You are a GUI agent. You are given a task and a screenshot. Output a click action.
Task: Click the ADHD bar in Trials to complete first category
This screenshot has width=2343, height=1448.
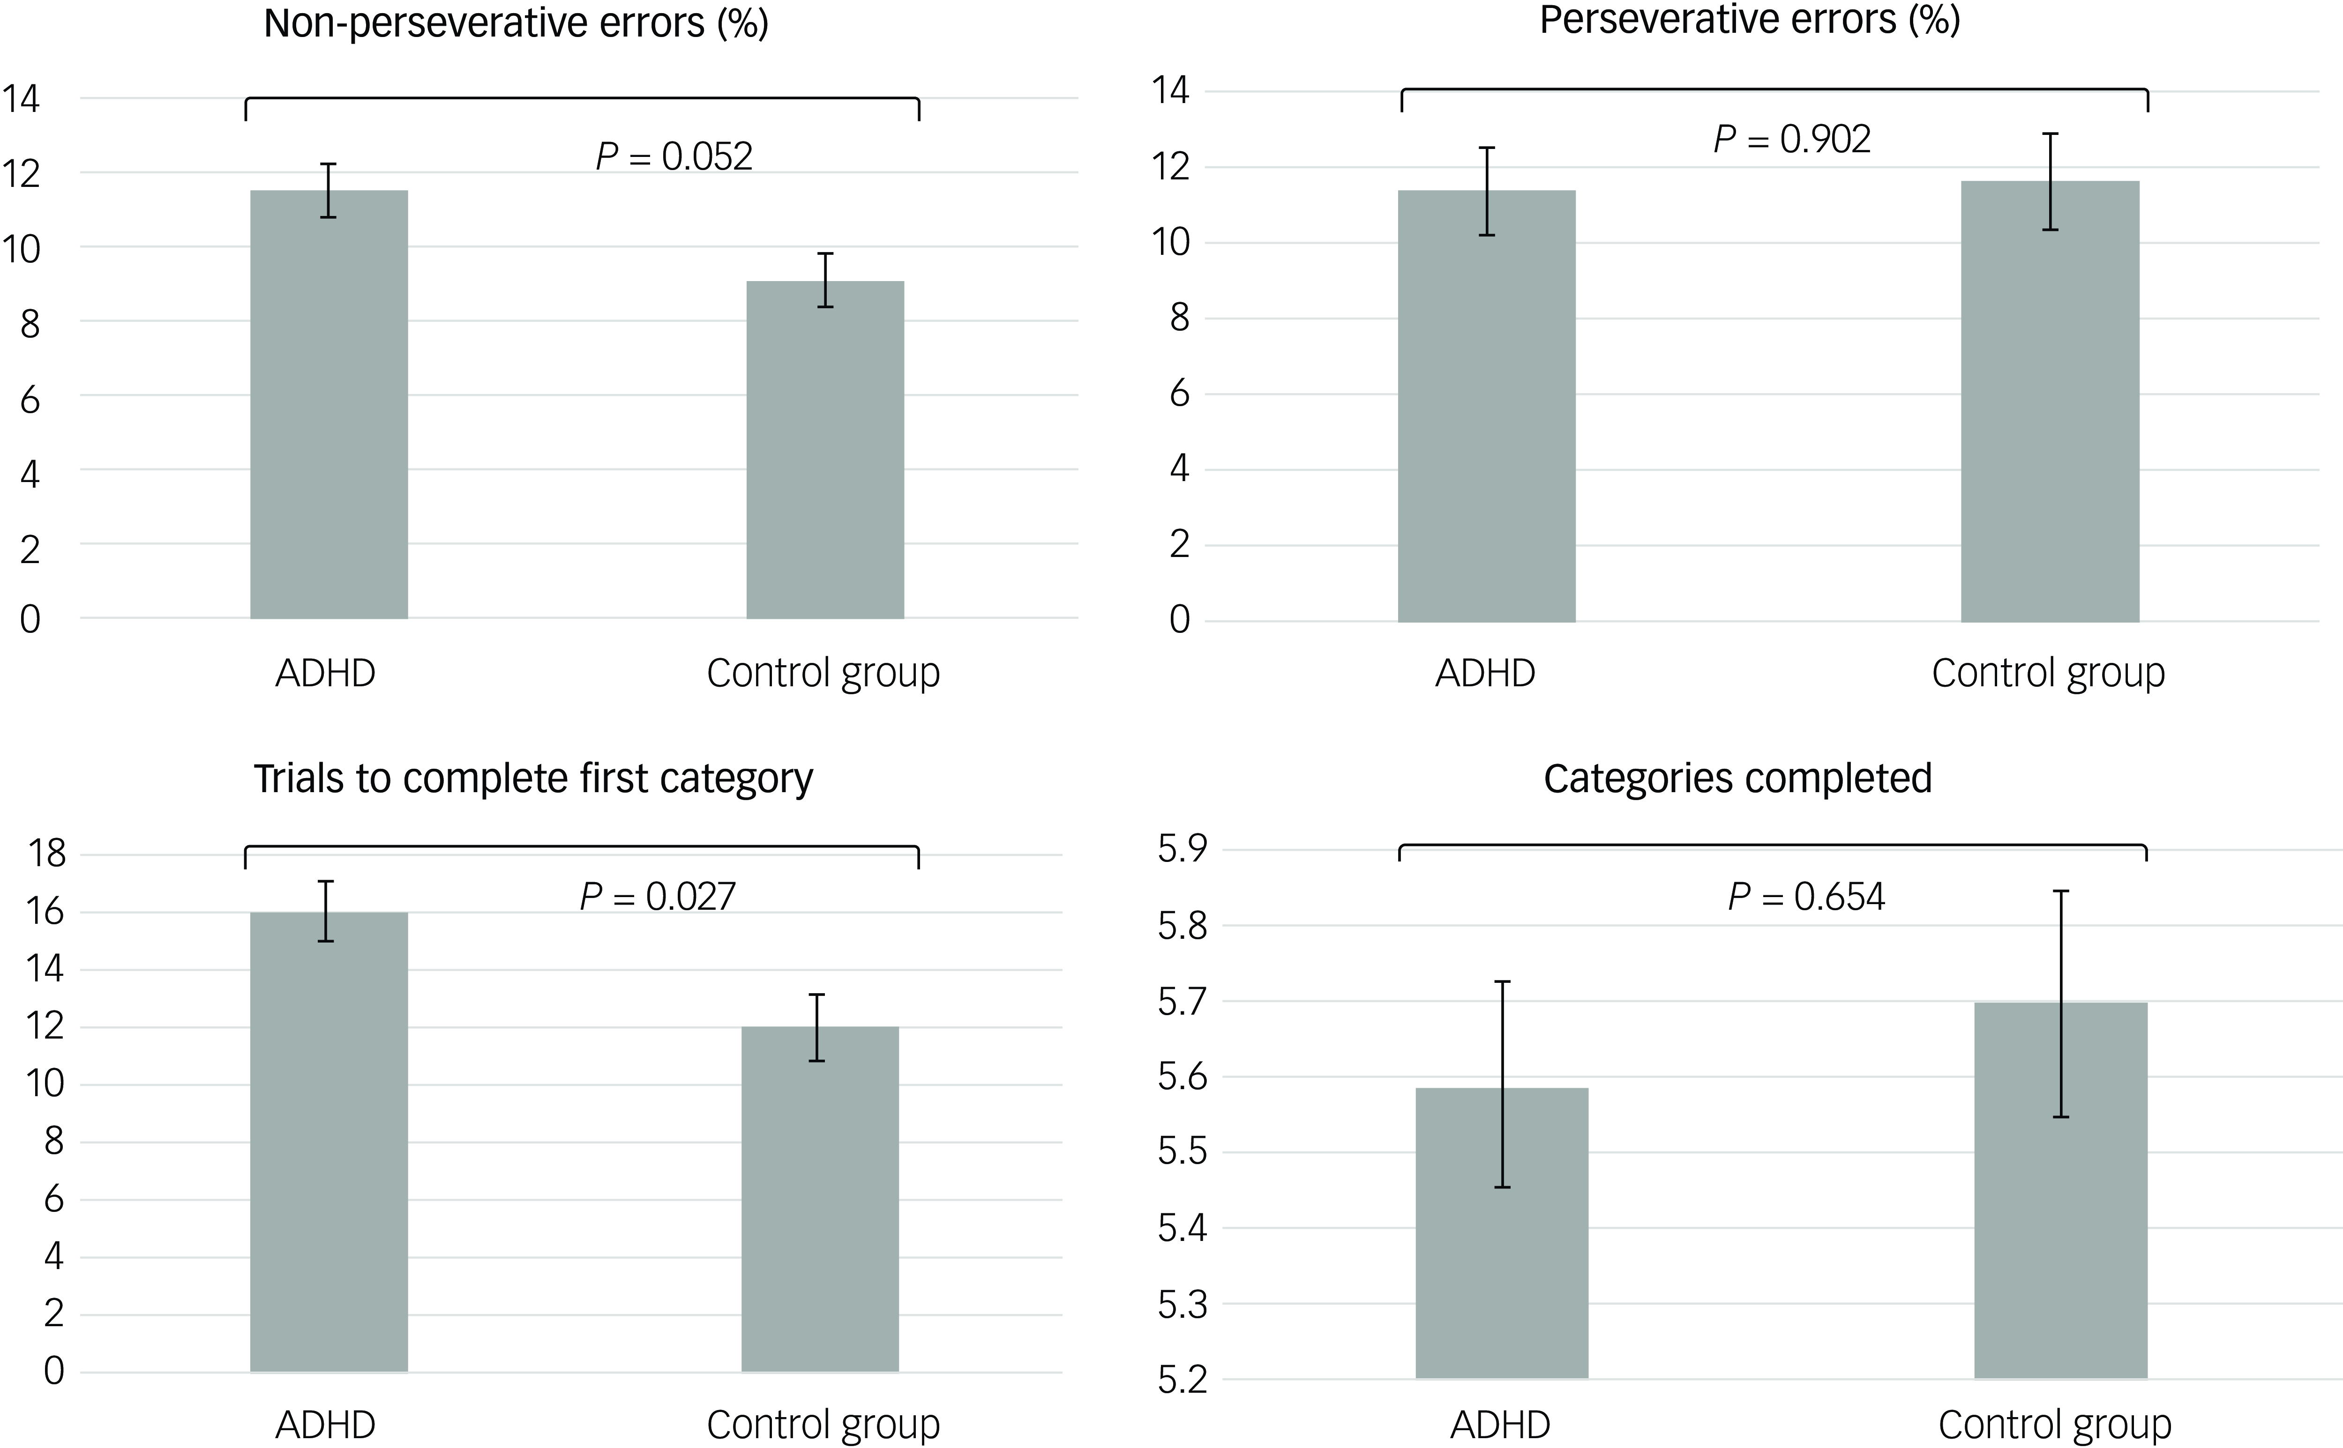pos(329,1149)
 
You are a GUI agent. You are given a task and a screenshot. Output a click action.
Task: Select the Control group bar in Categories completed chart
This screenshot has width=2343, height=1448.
pos(2060,1197)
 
